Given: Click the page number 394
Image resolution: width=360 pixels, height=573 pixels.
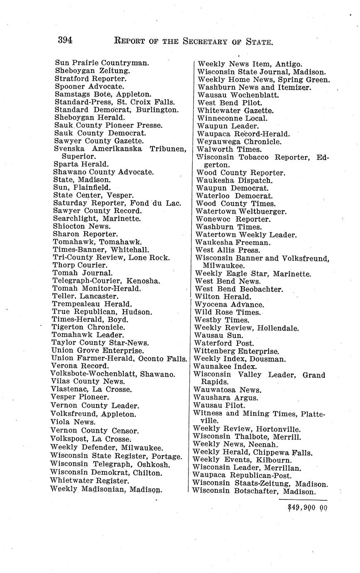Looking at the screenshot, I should (x=65, y=40).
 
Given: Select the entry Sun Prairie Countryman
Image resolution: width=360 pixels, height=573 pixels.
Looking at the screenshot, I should (x=102, y=63).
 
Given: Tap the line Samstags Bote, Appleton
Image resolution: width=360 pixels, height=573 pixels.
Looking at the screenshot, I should (x=103, y=94).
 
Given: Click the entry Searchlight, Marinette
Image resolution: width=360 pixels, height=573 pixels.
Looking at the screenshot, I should (x=97, y=218).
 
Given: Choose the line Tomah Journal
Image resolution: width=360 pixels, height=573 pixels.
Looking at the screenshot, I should (x=83, y=273).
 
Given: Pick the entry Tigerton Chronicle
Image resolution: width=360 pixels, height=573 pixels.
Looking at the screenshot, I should (x=88, y=327).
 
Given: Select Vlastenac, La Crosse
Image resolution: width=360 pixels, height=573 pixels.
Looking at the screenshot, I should (x=91, y=389).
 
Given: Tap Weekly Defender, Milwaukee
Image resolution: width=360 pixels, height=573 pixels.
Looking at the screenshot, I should (x=107, y=448).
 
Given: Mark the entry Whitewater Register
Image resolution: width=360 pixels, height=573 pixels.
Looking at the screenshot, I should (x=89, y=481).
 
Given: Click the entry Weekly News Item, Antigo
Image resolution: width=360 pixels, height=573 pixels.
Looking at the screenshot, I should (x=250, y=64).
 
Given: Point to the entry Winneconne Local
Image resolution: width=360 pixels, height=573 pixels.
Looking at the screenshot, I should (x=233, y=118).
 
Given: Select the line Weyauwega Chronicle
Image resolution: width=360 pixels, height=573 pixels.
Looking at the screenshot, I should (x=239, y=142).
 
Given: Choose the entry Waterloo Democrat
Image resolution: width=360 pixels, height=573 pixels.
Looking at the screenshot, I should (x=235, y=196).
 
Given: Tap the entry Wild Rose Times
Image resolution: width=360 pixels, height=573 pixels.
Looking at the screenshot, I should (x=228, y=312).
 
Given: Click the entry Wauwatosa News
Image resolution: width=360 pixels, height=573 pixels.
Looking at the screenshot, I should (x=228, y=390).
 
